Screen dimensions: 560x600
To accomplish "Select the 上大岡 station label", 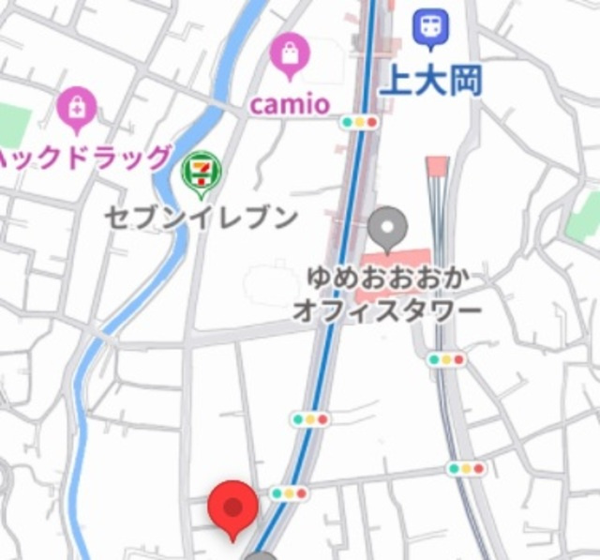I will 430,81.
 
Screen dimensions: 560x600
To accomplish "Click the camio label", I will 289,103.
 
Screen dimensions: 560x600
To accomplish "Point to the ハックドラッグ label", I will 84,158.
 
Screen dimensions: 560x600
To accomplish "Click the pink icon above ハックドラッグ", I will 77,110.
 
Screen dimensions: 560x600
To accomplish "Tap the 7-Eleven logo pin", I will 202,174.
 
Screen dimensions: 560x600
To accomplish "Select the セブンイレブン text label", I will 201,219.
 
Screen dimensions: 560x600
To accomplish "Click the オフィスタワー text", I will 386,310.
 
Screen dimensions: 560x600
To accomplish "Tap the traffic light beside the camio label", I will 359,122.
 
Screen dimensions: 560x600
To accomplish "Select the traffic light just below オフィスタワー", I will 445,359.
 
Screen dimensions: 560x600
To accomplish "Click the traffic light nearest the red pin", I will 289,493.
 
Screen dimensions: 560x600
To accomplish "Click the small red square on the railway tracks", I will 437,167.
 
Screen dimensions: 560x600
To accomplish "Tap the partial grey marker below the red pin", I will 261,555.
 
